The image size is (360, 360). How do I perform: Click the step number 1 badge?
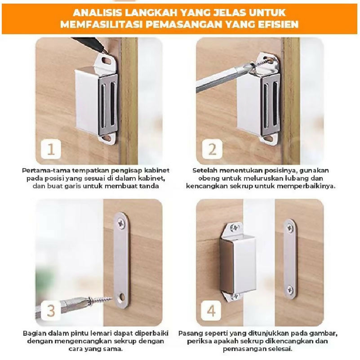click(x=51, y=149)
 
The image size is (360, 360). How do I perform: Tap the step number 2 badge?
click(x=212, y=149)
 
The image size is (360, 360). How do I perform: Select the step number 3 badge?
click(x=51, y=311)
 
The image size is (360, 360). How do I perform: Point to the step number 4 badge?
click(x=211, y=311)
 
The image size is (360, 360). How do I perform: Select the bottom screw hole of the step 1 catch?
click(x=107, y=138)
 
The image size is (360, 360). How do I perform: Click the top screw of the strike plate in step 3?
click(x=121, y=223)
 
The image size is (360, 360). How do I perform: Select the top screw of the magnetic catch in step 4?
click(x=235, y=227)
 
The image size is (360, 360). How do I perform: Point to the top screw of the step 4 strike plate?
click(x=290, y=228)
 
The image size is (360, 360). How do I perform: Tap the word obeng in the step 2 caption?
click(x=207, y=178)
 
